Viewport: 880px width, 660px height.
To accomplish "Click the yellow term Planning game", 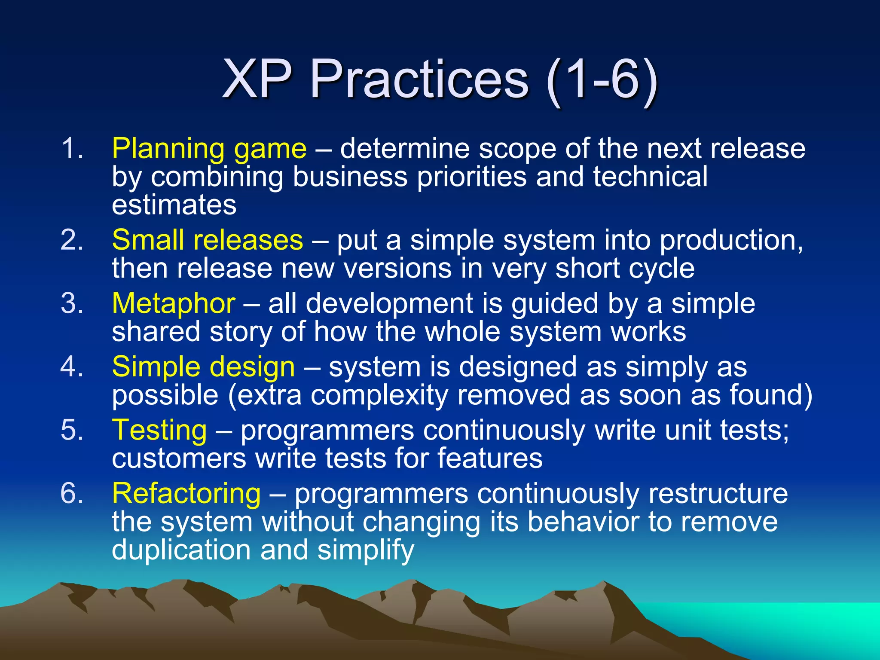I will [x=209, y=149].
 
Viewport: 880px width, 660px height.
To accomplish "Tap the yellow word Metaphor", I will [x=174, y=303].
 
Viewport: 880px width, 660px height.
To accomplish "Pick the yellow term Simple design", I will [x=203, y=367].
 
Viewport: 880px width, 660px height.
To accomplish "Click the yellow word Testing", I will [x=159, y=430].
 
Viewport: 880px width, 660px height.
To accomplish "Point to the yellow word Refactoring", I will [x=186, y=493].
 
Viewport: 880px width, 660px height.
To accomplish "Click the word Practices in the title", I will [x=419, y=80].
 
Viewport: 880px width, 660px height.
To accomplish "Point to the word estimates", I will [x=174, y=205].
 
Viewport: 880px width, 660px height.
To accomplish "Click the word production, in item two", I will [x=731, y=241].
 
